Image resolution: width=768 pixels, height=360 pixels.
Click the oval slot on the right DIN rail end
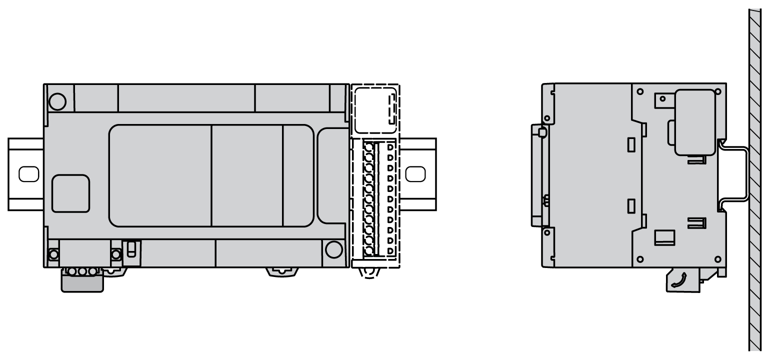click(x=415, y=173)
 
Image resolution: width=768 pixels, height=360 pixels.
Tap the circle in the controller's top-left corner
click(x=58, y=101)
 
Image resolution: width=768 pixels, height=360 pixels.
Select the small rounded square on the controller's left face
click(x=70, y=193)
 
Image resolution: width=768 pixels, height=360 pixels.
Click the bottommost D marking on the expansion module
click(x=390, y=250)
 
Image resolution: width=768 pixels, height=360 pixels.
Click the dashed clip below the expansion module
click(x=369, y=272)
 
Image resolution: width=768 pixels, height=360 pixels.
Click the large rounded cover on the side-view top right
click(x=694, y=121)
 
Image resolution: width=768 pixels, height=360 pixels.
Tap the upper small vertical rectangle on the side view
click(x=631, y=144)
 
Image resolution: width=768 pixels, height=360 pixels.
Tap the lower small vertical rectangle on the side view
click(x=631, y=205)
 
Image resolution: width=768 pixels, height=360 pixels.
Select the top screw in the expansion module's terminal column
click(x=369, y=148)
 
